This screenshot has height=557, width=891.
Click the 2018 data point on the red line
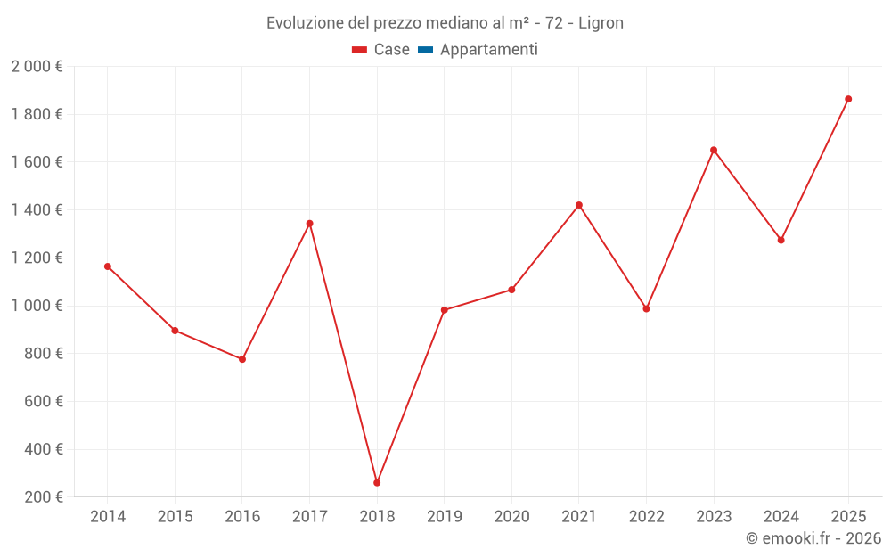[x=377, y=483]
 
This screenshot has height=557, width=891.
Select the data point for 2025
[x=848, y=99]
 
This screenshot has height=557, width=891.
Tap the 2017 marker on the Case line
[x=309, y=224]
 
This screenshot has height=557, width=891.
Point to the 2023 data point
[x=714, y=150]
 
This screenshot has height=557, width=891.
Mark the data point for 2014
[x=108, y=266]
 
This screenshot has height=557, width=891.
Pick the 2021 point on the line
[x=579, y=205]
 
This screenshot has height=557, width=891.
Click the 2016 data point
[x=242, y=359]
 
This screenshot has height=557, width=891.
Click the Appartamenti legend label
[x=488, y=50]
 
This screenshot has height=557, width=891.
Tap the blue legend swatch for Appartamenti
[x=425, y=50]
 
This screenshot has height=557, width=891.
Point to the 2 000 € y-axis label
[x=37, y=67]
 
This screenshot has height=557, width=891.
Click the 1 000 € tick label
[x=37, y=306]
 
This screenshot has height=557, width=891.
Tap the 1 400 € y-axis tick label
[x=37, y=210]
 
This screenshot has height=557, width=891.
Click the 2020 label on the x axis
[x=511, y=517]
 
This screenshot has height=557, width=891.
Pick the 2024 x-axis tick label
[x=781, y=517]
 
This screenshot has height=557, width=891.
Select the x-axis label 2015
[x=175, y=517]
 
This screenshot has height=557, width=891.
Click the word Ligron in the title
[x=601, y=23]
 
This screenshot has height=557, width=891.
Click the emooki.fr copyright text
[x=813, y=538]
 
